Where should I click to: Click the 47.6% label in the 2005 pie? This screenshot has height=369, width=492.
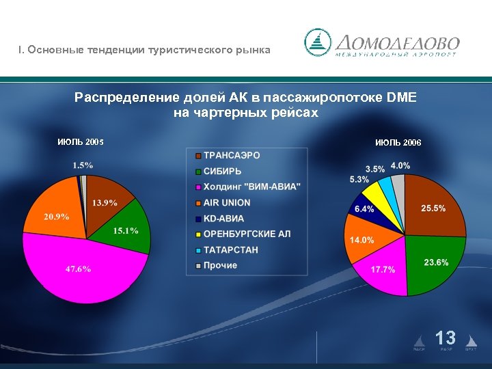coord(78,269)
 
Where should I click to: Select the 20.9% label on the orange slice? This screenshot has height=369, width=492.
coord(57,217)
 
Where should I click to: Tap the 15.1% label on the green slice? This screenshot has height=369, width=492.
coord(126,231)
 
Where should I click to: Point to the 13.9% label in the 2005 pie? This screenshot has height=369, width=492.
coord(105,202)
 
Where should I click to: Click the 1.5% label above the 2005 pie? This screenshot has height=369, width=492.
coord(83,165)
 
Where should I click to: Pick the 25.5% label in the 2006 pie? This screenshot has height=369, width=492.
coord(433,208)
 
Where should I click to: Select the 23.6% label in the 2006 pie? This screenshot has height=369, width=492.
coord(436,262)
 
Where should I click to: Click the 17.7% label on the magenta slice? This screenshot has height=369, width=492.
coord(383,269)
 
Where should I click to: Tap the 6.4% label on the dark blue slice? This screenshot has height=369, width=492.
coord(364,208)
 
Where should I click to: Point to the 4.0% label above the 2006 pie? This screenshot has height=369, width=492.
coord(400,166)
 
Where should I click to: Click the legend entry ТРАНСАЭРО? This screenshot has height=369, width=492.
coord(231,155)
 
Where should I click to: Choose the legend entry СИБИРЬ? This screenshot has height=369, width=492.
coord(222,171)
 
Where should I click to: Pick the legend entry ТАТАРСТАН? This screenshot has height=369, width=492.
coord(230,249)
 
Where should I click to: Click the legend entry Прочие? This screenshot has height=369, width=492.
coord(220,265)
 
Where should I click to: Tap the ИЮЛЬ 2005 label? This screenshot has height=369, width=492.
coord(81,142)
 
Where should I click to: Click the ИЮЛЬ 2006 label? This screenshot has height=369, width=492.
coord(398,143)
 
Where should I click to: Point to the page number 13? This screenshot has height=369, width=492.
coord(446,338)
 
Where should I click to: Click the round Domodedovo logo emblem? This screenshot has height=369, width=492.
coord(317,42)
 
